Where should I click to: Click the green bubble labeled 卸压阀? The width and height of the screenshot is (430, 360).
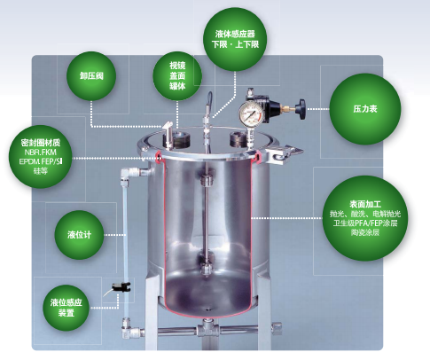pyautogui.click(x=91, y=76)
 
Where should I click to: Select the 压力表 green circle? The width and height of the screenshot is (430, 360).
pyautogui.click(x=365, y=109)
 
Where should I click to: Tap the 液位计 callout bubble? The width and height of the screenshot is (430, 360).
pyautogui.click(x=79, y=235)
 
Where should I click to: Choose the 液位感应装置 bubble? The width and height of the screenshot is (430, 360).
pyautogui.click(x=66, y=308)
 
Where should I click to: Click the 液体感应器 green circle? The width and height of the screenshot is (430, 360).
pyautogui.click(x=235, y=39)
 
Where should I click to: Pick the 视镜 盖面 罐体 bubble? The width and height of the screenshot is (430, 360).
pyautogui.click(x=177, y=75)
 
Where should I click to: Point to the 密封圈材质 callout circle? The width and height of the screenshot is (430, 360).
pyautogui.click(x=41, y=156)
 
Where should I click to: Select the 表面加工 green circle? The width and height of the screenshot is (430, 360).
pyautogui.click(x=365, y=218)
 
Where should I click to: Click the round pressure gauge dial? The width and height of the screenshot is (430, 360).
pyautogui.click(x=251, y=113)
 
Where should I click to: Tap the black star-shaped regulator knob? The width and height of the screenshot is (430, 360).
pyautogui.click(x=301, y=109)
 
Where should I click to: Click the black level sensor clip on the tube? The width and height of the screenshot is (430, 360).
pyautogui.click(x=121, y=287)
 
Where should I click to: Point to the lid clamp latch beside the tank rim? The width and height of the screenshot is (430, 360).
pyautogui.click(x=285, y=153)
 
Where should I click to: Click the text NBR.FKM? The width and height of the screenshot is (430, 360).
pyautogui.click(x=41, y=153)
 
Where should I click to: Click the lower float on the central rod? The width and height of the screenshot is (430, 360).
pyautogui.click(x=206, y=270)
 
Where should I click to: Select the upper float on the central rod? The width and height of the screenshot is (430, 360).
pyautogui.click(x=206, y=180)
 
